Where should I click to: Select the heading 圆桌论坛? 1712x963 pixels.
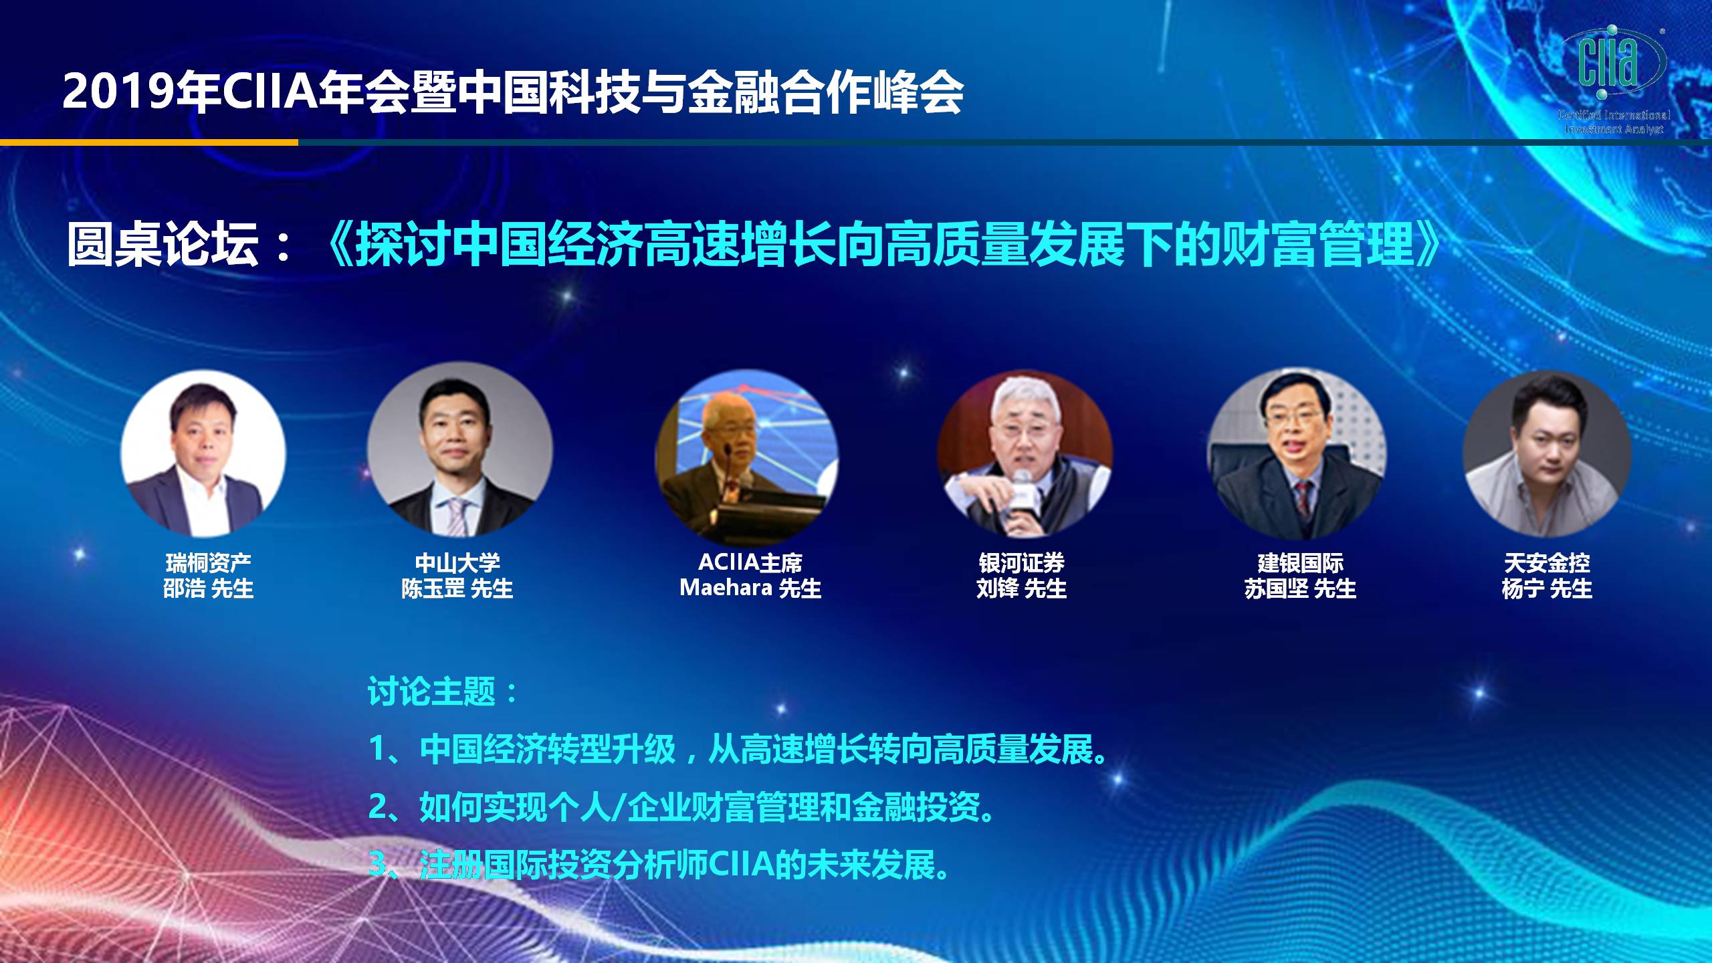[x=163, y=244]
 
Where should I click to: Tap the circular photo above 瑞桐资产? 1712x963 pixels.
[x=203, y=454]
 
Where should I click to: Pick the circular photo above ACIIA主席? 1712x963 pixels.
[x=746, y=457]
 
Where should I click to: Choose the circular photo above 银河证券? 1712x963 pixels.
[x=1025, y=455]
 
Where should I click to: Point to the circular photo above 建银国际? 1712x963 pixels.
[x=1297, y=455]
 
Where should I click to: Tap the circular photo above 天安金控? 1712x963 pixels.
[x=1547, y=455]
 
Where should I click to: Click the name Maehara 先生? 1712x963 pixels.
[x=750, y=588]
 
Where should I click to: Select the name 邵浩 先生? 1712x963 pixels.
[x=209, y=588]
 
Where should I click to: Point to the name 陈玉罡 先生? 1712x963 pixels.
[x=457, y=588]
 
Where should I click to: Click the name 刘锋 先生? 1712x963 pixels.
[x=1022, y=588]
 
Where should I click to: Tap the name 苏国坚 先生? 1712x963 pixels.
[x=1300, y=588]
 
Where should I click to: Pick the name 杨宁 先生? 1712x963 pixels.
[x=1547, y=588]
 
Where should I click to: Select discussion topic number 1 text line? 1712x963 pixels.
[x=738, y=750]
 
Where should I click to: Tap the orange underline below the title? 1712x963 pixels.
[x=149, y=142]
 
